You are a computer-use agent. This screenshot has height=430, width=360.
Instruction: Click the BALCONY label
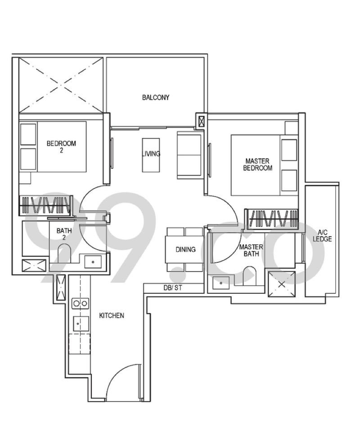point(156,97)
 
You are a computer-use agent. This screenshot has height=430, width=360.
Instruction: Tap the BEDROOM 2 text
point(62,147)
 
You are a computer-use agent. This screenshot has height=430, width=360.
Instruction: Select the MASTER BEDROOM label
point(257,164)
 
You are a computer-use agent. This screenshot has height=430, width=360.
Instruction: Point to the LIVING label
point(151,154)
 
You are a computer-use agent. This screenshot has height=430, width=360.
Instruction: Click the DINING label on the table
point(185,250)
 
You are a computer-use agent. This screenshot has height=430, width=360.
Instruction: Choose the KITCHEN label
point(112,316)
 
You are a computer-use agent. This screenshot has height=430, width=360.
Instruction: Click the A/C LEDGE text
point(322,236)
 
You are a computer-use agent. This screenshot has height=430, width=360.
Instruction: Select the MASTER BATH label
point(251,251)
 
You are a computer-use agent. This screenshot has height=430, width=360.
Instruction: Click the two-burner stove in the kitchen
point(81,303)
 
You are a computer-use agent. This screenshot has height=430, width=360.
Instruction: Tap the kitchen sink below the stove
point(81,323)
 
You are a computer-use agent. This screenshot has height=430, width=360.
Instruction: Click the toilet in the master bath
point(249,275)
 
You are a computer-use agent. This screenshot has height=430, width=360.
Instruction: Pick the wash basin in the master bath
point(221,283)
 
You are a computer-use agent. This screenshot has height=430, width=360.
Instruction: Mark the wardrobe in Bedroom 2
point(45,205)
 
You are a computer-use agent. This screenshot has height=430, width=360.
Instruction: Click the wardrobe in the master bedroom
point(271,219)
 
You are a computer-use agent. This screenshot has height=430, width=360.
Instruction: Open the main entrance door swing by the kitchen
point(121,382)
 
